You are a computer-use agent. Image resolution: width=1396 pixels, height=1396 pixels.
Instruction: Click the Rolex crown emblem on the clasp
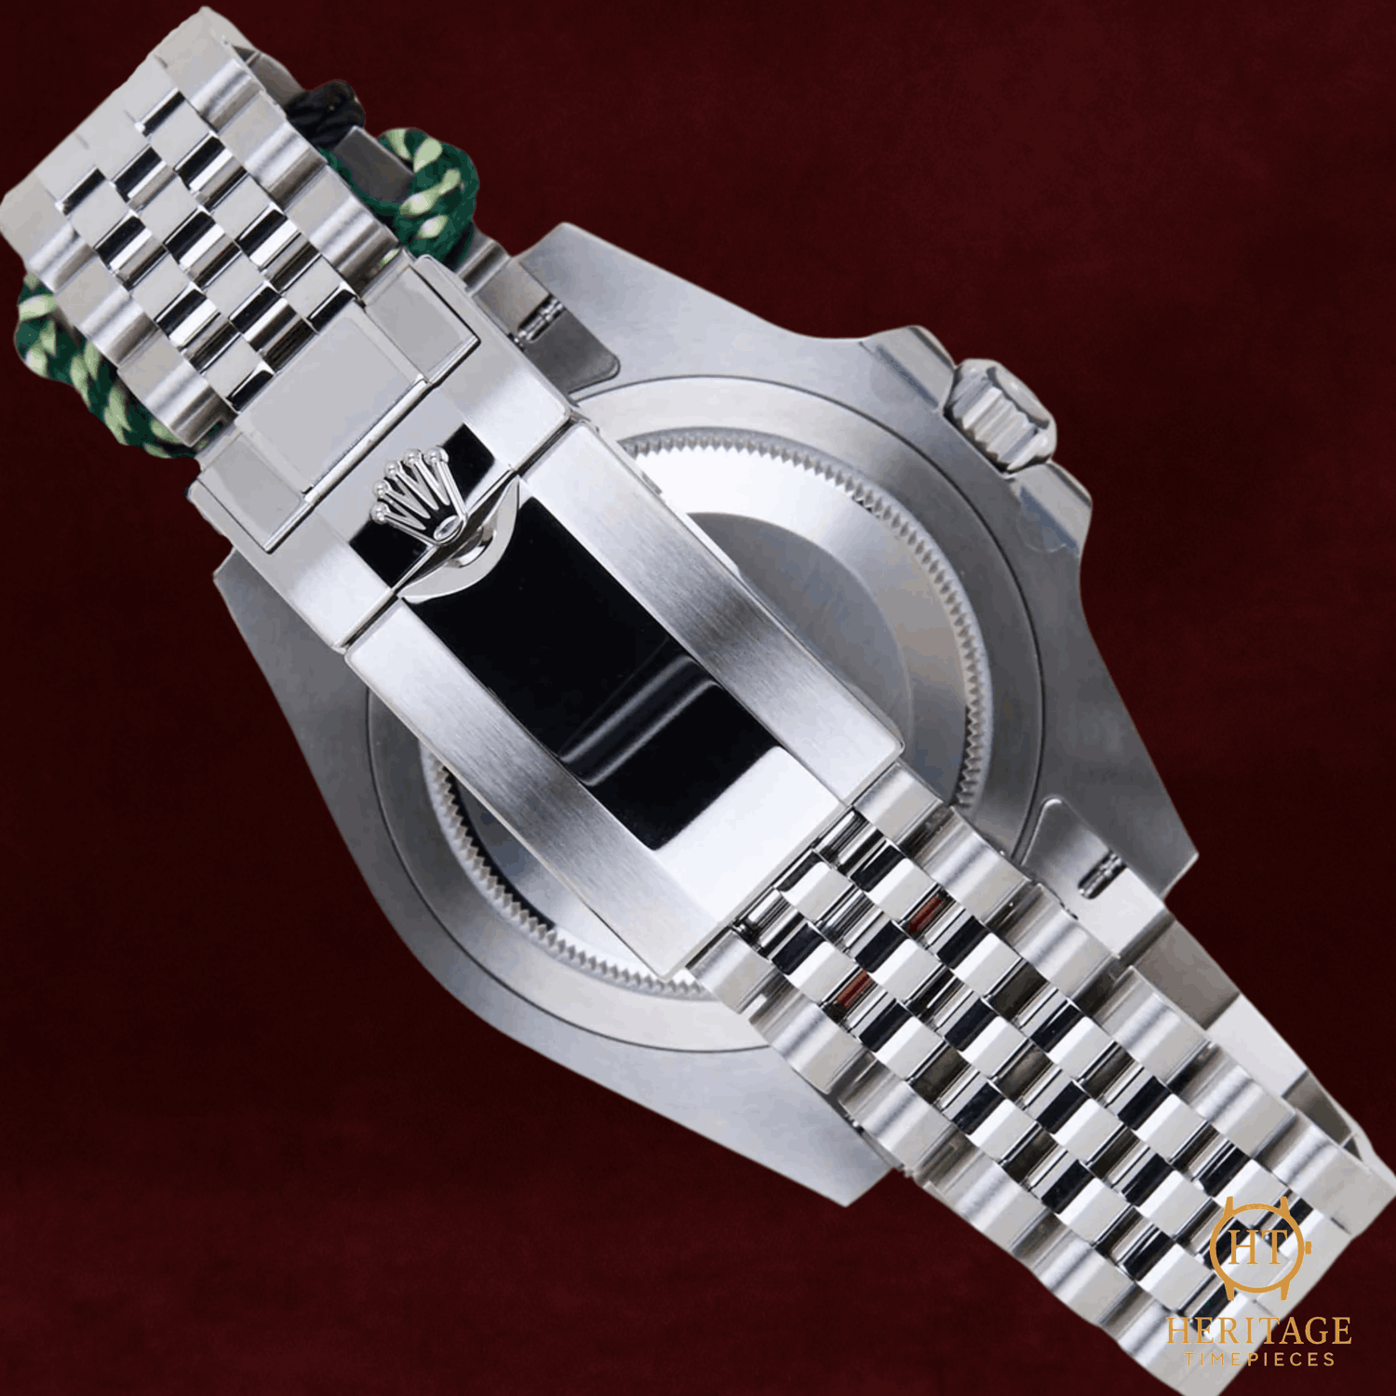415,490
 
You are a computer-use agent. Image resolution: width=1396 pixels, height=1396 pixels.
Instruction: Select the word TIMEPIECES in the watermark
1259,1360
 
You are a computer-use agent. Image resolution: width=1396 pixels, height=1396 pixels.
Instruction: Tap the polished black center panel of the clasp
596,670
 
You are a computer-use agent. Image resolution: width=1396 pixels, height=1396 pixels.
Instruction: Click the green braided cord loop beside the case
423,191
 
